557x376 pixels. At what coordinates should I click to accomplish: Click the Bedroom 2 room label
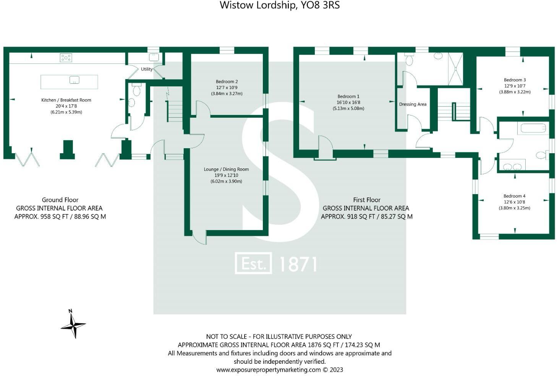coord(227,81)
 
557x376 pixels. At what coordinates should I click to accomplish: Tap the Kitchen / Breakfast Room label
coord(66,100)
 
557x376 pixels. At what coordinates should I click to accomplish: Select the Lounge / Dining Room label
coord(226,169)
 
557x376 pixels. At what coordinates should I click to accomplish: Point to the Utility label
coord(147,69)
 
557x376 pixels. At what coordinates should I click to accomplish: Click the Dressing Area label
coord(413,104)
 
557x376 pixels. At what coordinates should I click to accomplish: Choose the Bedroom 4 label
coord(514,196)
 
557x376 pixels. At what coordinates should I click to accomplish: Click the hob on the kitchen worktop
coord(66,58)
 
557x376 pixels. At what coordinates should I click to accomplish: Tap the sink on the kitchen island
coord(74,80)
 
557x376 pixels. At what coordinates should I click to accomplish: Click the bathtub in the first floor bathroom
coord(533,128)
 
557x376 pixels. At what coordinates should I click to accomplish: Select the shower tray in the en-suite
coord(455,69)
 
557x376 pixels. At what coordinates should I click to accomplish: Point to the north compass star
coord(73,325)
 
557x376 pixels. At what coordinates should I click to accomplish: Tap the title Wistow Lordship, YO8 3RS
coord(279,5)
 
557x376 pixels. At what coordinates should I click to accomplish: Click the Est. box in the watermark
coord(253,263)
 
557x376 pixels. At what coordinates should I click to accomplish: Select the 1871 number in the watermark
coord(298,264)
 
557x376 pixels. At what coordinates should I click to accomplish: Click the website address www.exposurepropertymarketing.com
coord(268,370)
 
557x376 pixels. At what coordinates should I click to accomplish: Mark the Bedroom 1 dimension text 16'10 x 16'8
coord(348,102)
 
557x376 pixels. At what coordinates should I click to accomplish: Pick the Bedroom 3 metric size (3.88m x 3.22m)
coord(515,92)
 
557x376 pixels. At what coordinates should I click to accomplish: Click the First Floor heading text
coord(366,200)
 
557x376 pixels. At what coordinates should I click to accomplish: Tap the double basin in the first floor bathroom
coord(512,166)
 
